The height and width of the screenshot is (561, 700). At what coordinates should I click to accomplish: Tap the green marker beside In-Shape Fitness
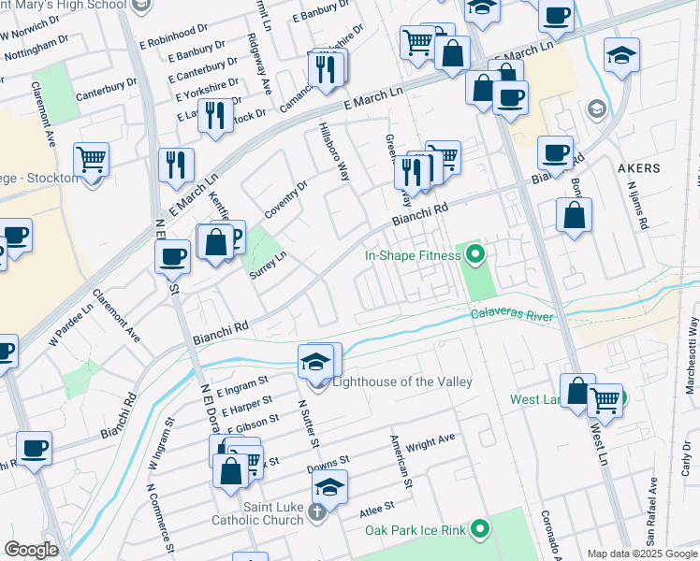point(475,253)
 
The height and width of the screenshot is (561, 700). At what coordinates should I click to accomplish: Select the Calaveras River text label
point(512,316)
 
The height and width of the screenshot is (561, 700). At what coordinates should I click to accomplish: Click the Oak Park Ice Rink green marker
point(479,530)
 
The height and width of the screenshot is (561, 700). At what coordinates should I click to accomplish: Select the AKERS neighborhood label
point(639,169)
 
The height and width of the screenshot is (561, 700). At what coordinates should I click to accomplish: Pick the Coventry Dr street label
point(285,200)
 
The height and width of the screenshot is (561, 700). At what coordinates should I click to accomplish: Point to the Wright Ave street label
point(430,440)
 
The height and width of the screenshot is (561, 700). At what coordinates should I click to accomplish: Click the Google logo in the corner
point(31,550)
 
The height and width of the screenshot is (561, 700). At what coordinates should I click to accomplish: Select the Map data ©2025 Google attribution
point(642,554)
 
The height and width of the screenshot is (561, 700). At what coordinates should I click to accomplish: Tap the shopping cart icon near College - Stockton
point(92,162)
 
